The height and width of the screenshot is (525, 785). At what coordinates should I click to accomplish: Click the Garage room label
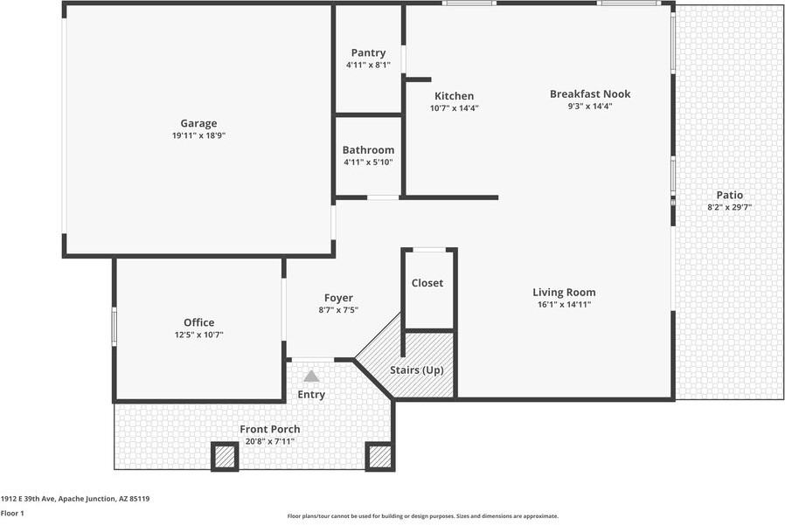(198, 123)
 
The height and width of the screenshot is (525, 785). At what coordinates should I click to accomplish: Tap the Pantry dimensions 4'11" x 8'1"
(368, 65)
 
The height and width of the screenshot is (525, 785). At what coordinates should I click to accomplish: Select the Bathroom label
(368, 150)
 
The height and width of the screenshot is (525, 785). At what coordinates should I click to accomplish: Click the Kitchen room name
(454, 96)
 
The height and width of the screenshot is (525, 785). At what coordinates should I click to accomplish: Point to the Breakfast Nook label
(589, 94)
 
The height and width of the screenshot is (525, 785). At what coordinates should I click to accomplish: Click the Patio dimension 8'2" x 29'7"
(729, 208)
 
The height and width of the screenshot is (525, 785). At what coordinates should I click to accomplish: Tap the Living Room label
(564, 293)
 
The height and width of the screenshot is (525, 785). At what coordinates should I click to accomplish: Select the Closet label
(427, 283)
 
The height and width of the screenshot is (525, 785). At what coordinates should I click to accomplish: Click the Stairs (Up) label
(417, 370)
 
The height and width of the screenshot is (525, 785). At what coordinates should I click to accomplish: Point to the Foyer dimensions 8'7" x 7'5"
(338, 310)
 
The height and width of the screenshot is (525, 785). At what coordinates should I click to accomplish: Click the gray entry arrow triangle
(311, 376)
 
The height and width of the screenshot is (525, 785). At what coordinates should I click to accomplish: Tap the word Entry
(311, 395)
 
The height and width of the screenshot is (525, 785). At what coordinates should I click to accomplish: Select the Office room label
(198, 322)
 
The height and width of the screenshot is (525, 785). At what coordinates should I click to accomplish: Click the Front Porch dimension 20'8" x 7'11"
(269, 442)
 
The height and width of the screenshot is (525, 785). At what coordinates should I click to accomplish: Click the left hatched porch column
(225, 456)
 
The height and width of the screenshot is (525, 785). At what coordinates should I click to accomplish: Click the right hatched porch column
(379, 456)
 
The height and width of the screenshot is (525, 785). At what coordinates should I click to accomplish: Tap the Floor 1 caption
(12, 514)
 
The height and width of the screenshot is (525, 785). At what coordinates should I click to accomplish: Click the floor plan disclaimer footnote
(423, 516)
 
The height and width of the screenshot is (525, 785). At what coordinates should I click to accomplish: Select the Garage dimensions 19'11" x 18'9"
(198, 135)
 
